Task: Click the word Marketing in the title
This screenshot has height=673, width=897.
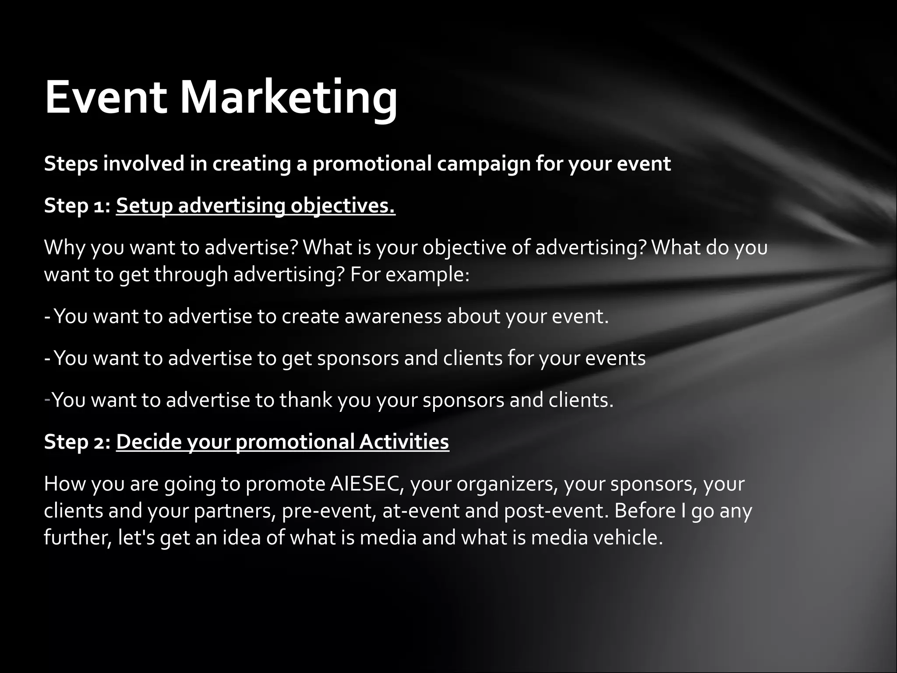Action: point(289,97)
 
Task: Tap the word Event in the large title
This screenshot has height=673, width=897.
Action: point(106,97)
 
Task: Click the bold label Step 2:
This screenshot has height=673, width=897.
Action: point(77,442)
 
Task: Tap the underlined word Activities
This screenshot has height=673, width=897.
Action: point(404,442)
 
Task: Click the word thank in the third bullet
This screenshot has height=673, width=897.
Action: point(306,400)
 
